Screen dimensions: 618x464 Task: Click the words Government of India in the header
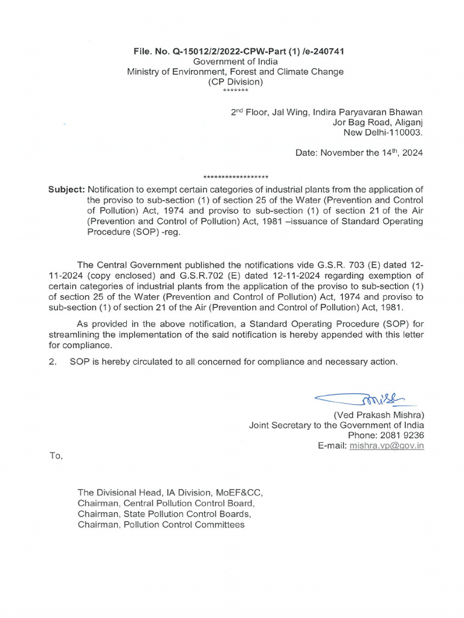[x=235, y=62]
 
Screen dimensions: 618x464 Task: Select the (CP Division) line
[x=235, y=81]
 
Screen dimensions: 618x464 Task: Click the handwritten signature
[x=360, y=399]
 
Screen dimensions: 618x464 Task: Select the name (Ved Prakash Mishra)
[x=378, y=415]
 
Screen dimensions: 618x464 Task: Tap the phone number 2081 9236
[x=404, y=435]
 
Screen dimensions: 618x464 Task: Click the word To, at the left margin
[x=55, y=456]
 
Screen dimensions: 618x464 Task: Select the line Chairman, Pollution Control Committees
[x=161, y=524]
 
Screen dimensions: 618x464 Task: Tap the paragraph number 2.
[x=52, y=362]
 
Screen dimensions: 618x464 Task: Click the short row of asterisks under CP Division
[x=235, y=91]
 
